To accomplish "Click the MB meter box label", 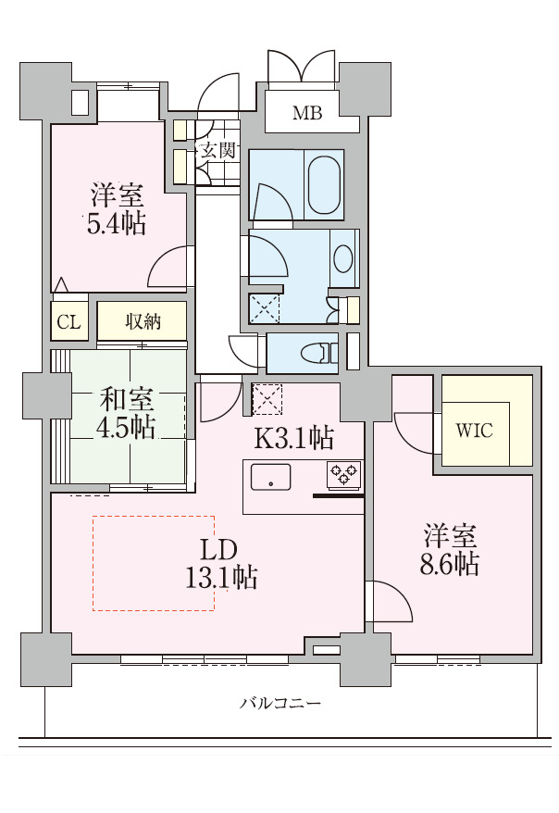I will pos(307,114).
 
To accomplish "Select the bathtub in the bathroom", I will pos(325,184).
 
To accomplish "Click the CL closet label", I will pos(69,323).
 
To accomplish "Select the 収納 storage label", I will pos(143,321).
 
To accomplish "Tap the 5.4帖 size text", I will pos(116,223).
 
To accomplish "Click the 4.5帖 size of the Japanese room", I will pos(126,428).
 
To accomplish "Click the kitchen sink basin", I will pos(270,478).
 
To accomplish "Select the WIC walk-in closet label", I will pos(474,431).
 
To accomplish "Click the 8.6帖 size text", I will pos(449,564).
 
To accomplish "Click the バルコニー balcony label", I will pos(280,704).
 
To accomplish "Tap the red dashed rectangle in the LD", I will pos(153,563).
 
